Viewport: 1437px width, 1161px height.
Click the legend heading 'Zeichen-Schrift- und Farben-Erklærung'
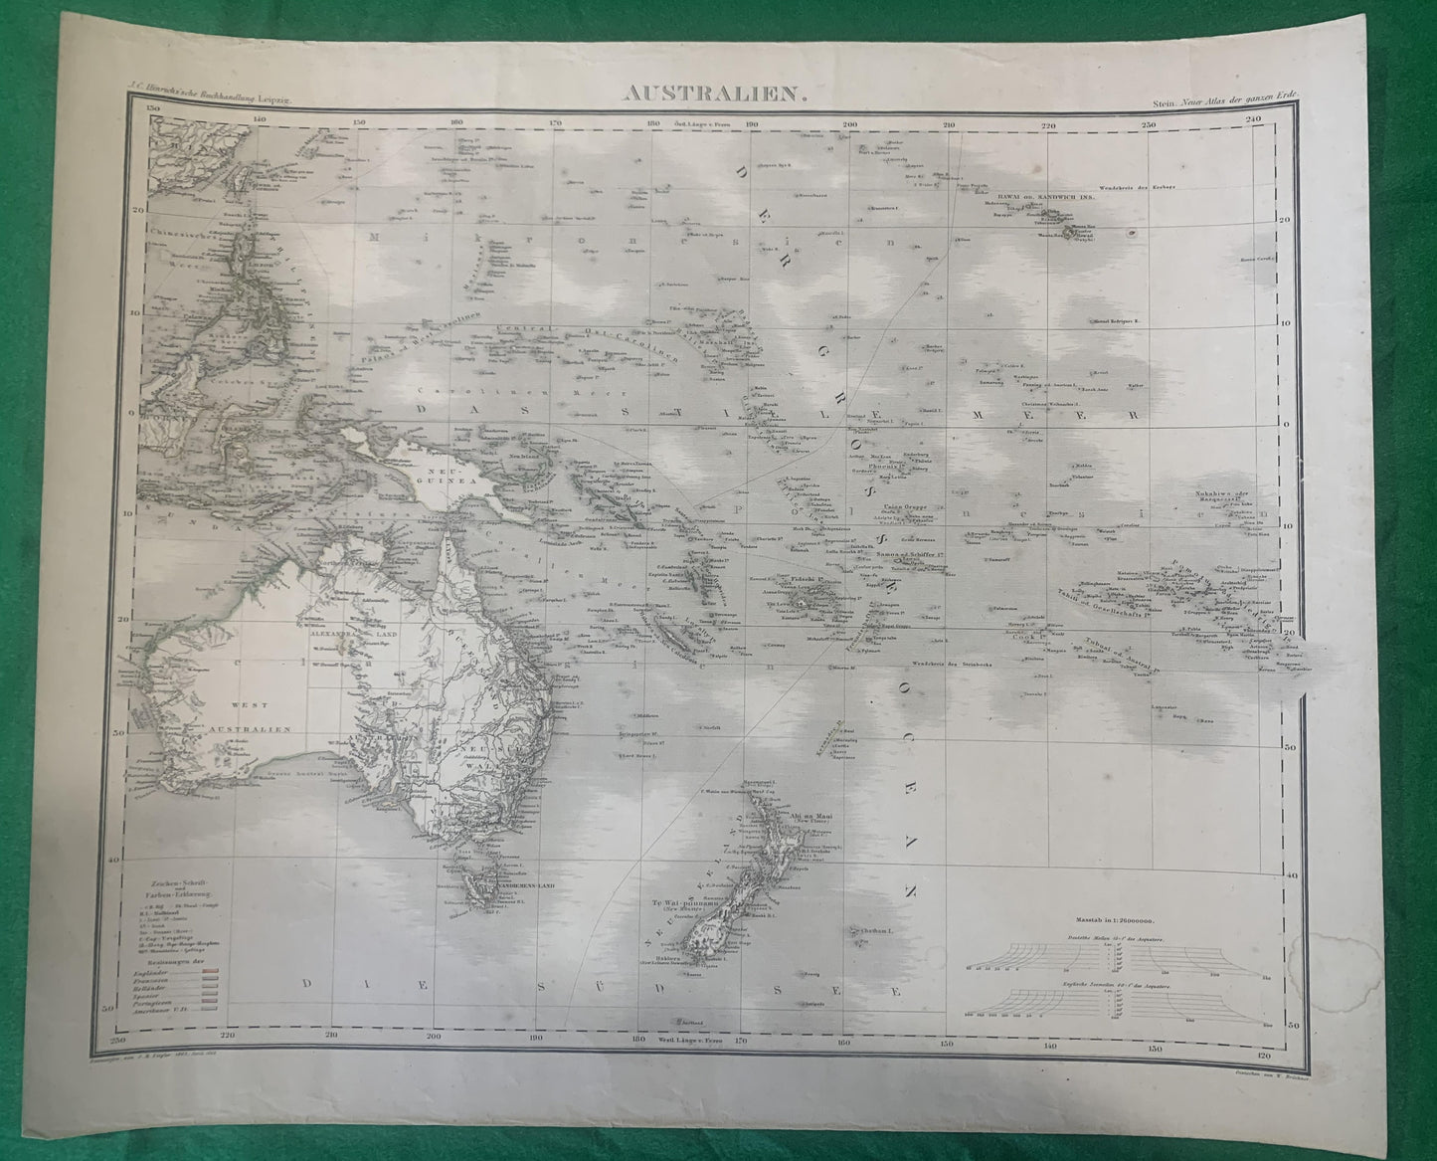click(177, 875)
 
